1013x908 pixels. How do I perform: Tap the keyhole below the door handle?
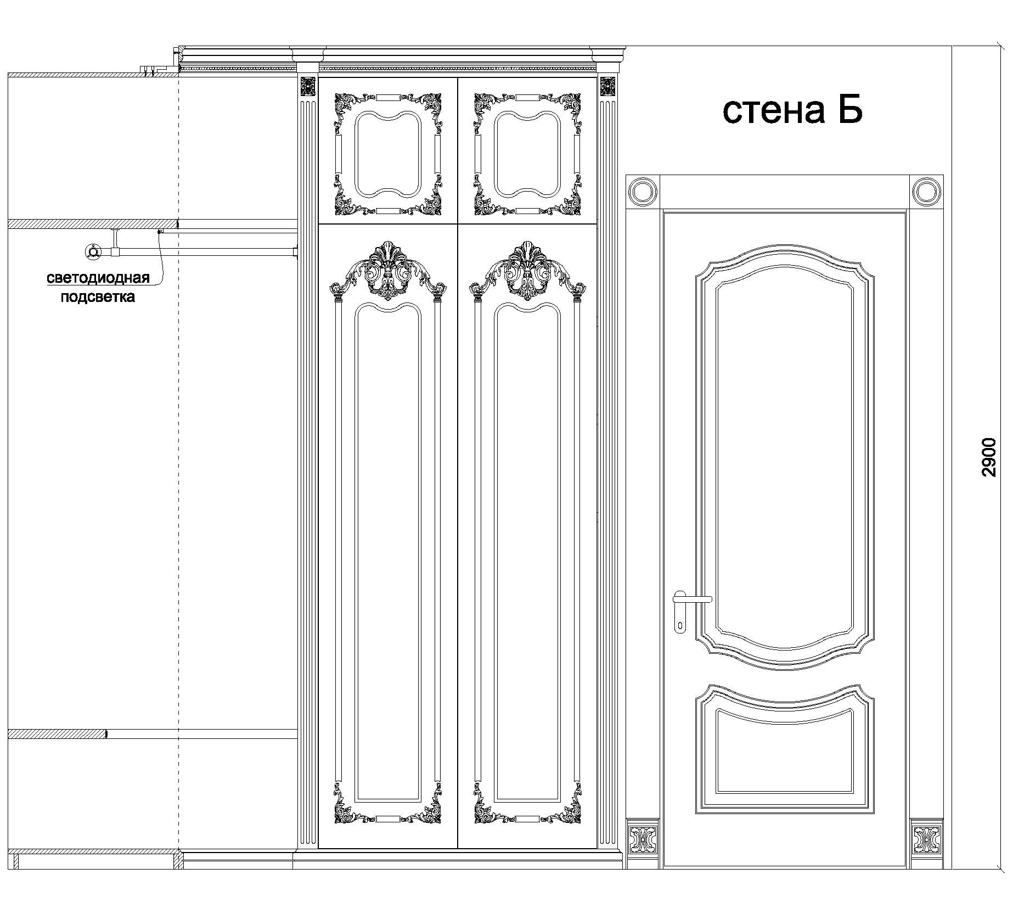pos(680,625)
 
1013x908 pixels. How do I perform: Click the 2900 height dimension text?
pos(989,457)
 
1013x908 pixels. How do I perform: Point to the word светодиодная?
pos(98,278)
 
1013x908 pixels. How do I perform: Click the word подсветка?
pos(98,297)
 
